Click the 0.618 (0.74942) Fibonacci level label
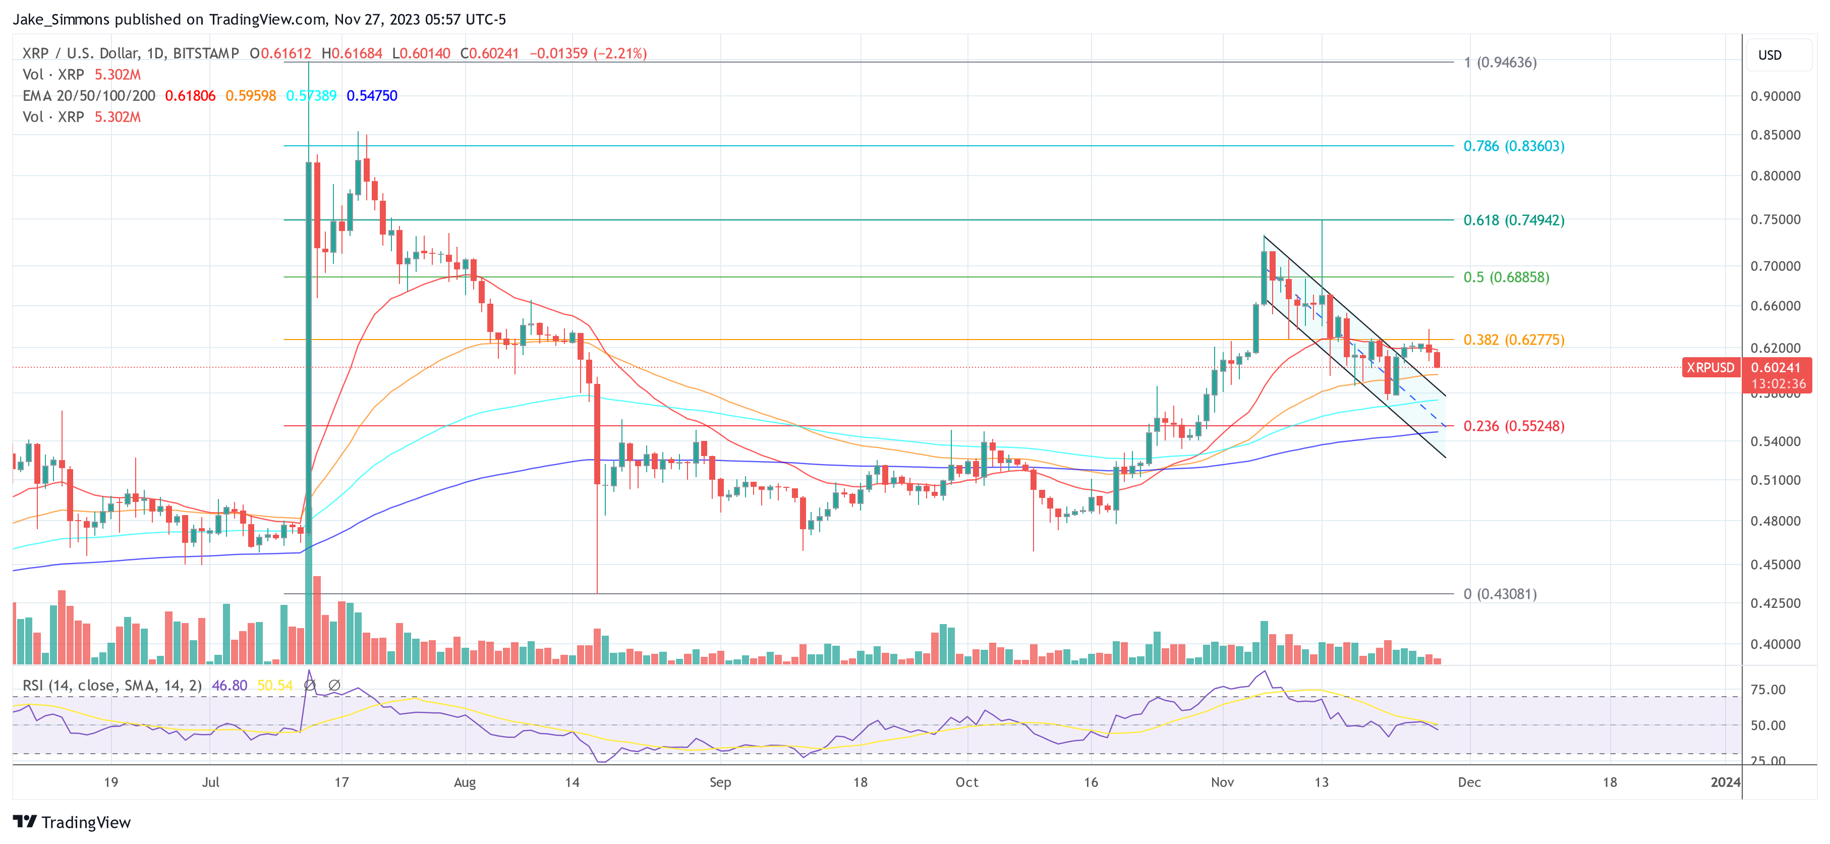click(x=1513, y=220)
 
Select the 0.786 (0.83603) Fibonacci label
click(x=1513, y=146)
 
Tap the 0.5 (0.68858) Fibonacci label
click(x=1506, y=277)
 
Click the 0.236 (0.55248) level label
click(x=1513, y=426)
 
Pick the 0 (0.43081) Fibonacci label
click(x=1500, y=594)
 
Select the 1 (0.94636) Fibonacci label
click(x=1500, y=63)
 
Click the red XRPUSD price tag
click(x=1710, y=368)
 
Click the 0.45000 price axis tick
click(x=1775, y=565)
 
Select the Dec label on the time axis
click(x=1469, y=782)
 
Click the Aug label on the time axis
click(x=465, y=782)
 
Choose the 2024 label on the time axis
click(x=1725, y=782)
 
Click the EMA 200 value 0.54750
click(x=372, y=96)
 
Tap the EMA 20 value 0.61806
click(x=190, y=96)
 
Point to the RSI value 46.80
click(x=230, y=686)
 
